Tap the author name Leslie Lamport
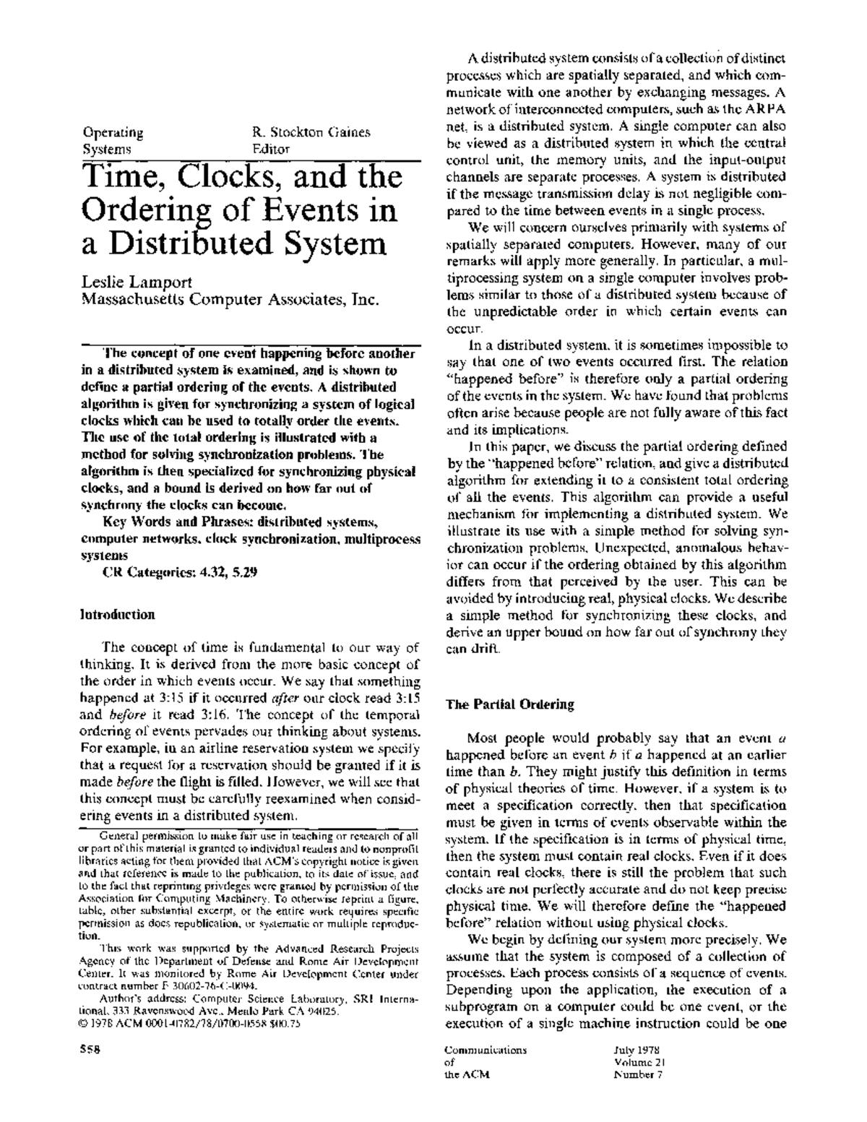tap(137, 282)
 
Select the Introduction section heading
tap(116, 615)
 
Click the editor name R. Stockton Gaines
tap(311, 132)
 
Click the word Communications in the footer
tap(486, 1050)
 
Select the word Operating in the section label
tap(113, 132)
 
